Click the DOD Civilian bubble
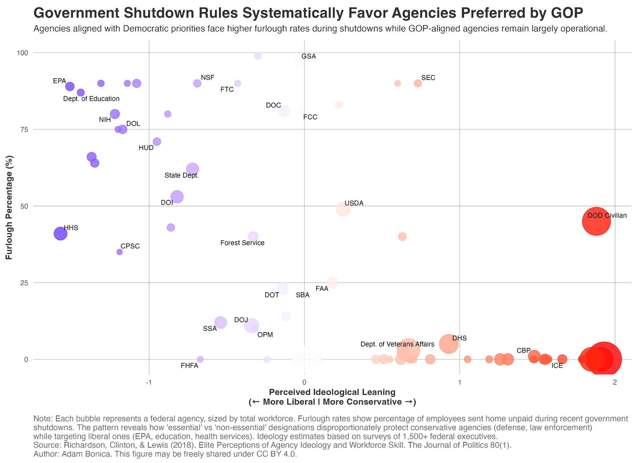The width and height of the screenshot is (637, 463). [596, 221]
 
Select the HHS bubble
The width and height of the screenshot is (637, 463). [61, 233]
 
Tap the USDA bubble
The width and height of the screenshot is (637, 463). [343, 209]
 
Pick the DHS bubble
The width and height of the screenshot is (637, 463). [448, 344]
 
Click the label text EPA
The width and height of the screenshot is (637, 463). [59, 81]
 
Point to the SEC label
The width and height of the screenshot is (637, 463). [428, 78]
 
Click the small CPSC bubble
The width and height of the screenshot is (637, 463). [119, 252]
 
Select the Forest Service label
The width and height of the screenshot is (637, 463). [242, 243]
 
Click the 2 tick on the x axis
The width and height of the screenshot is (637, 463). [615, 382]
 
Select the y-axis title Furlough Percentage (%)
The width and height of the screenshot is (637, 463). [9, 207]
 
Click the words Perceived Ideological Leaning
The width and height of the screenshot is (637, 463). [332, 392]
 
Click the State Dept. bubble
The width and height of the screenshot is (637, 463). [192, 169]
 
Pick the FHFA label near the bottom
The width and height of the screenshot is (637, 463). [190, 366]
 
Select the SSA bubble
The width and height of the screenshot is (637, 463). [220, 322]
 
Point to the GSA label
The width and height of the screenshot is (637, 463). [309, 56]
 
